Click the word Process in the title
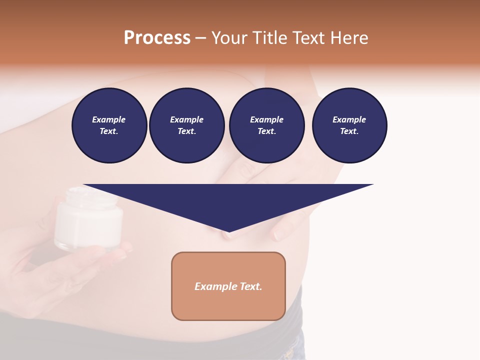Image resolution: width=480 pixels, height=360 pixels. tap(157, 38)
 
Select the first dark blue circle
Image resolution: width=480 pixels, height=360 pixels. tap(109, 125)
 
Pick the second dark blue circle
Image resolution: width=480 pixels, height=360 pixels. tap(186, 125)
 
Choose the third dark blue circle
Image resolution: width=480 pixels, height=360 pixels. tap(266, 125)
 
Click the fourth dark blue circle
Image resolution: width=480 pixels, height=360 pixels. tap(349, 125)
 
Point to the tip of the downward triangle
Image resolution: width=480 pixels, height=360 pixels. tap(228, 232)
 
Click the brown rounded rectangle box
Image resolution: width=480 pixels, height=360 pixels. tap(228, 286)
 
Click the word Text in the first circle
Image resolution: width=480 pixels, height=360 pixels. tap(108, 131)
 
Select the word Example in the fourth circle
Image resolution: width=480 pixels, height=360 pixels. tap(349, 119)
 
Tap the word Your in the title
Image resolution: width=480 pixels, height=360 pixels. tap(229, 38)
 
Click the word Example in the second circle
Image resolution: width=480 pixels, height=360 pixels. tap(186, 119)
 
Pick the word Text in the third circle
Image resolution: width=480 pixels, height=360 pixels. tap(266, 131)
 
